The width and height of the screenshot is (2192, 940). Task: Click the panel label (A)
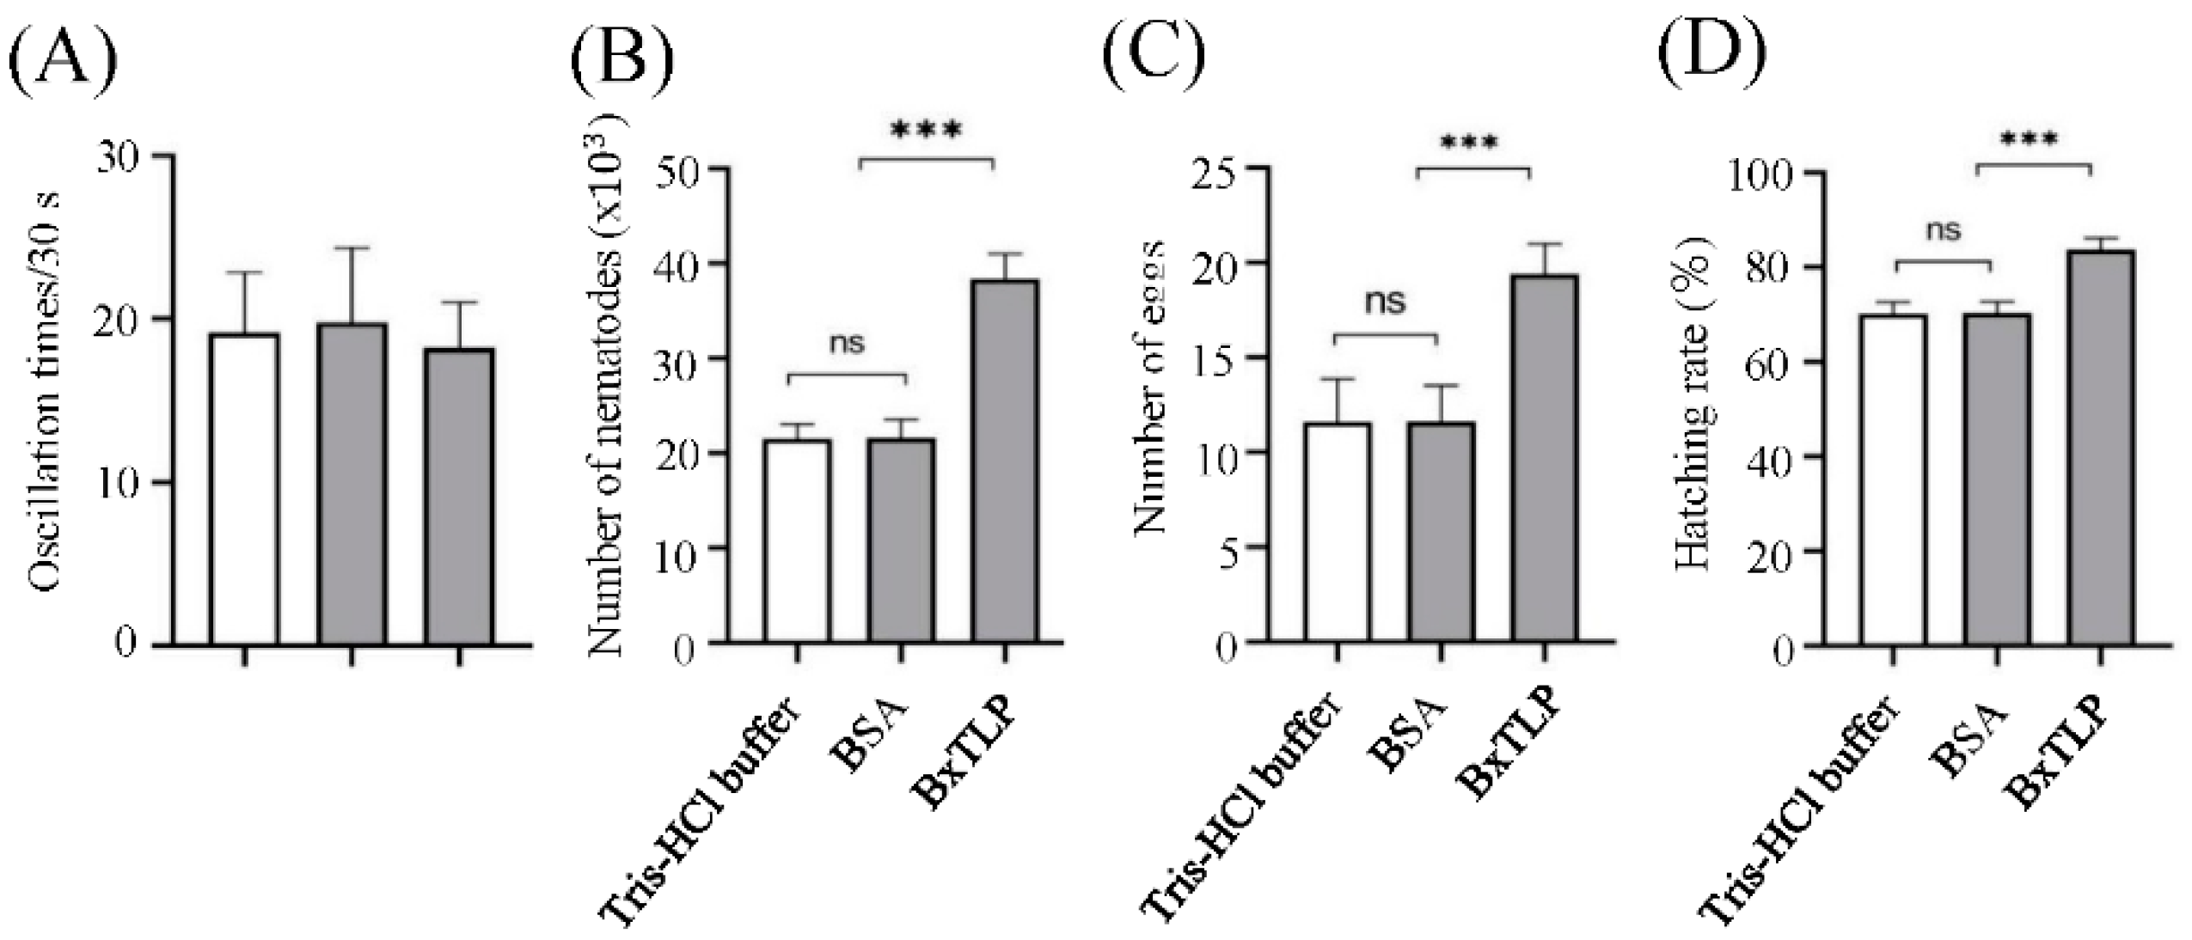tap(62, 53)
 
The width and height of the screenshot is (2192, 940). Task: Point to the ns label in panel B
tap(847, 344)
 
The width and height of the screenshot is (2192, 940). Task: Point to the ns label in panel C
tap(1386, 302)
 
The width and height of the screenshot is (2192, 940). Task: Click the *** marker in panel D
tap(2029, 140)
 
